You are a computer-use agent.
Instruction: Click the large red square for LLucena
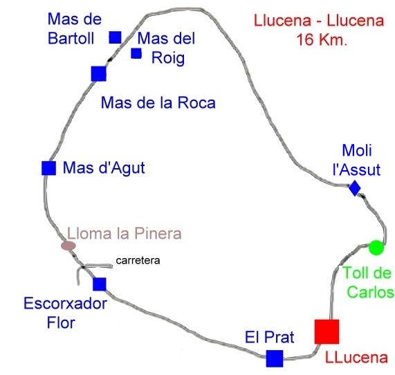click(327, 331)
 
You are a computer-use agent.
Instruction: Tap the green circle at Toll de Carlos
click(376, 248)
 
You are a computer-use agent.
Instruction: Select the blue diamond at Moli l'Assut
click(355, 188)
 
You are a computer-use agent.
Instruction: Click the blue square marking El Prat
click(275, 358)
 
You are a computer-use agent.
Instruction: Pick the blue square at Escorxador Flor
click(100, 284)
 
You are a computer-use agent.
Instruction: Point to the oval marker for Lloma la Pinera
click(68, 246)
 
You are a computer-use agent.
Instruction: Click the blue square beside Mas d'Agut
click(48, 168)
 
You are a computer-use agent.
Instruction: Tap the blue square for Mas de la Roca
click(98, 74)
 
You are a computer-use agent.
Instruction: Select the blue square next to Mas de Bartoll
click(115, 37)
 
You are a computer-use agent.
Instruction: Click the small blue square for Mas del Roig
click(136, 53)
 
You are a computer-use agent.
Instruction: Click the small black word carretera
click(138, 261)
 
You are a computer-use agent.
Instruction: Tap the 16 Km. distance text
click(322, 39)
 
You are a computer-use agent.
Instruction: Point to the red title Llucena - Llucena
click(319, 21)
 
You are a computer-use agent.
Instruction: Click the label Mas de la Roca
click(158, 102)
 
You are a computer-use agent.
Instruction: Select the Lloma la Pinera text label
click(125, 233)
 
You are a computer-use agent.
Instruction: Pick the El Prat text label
click(270, 337)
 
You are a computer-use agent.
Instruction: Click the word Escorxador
click(66, 304)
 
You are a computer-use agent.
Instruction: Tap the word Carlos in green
click(370, 293)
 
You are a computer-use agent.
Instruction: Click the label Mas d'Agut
click(104, 168)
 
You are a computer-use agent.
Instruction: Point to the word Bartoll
click(71, 38)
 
